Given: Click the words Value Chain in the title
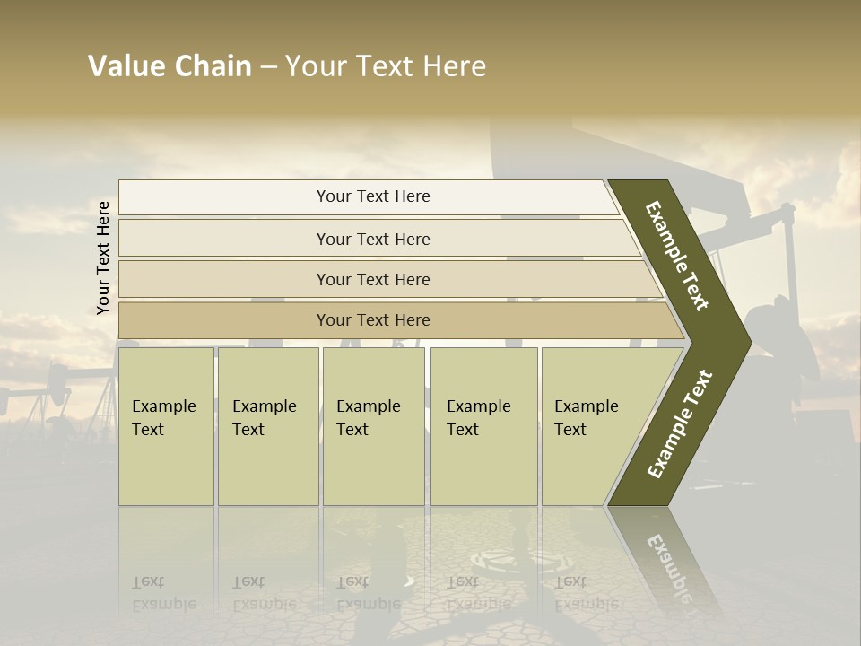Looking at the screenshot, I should point(170,66).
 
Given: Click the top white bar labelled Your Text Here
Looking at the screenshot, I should point(372,196).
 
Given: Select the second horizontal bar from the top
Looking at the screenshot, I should point(372,239).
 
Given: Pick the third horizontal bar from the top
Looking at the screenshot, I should point(372,279).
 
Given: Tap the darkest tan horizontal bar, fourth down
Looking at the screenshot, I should point(372,320).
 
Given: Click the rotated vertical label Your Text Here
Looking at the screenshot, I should point(103,258).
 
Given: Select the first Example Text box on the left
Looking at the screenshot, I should point(166,426).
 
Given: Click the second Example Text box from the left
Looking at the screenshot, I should point(268,426).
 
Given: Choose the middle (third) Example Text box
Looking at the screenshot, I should point(373,426).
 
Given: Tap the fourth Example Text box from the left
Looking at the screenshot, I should point(483,426).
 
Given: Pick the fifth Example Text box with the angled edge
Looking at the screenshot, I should point(592,426).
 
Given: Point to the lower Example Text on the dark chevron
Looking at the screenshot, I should point(680,423).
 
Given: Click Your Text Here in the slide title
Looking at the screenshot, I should point(386,66).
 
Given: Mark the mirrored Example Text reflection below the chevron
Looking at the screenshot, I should point(668,565).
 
